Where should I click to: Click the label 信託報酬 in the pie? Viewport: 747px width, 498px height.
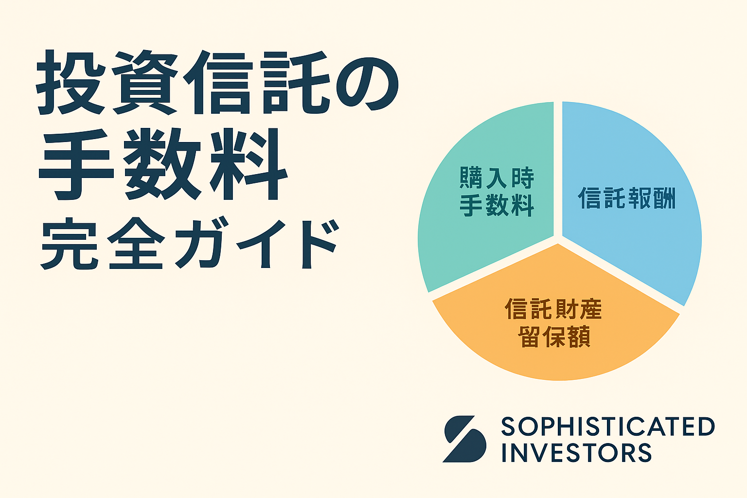click(x=626, y=198)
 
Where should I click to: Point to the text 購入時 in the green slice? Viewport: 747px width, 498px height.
click(x=497, y=178)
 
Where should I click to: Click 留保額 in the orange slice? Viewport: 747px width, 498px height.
click(x=554, y=337)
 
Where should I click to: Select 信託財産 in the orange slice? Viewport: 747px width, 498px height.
click(x=553, y=308)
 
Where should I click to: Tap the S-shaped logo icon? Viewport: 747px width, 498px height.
click(x=464, y=439)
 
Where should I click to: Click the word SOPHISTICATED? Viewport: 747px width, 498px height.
click(x=608, y=427)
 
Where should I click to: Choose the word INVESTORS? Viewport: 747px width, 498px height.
click(x=577, y=452)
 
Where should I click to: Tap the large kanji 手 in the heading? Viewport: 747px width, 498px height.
click(x=76, y=164)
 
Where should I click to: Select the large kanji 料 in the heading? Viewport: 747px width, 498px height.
click(x=249, y=163)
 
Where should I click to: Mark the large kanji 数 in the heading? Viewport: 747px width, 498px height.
click(x=162, y=163)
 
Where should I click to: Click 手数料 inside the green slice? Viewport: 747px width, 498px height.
click(x=497, y=205)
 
